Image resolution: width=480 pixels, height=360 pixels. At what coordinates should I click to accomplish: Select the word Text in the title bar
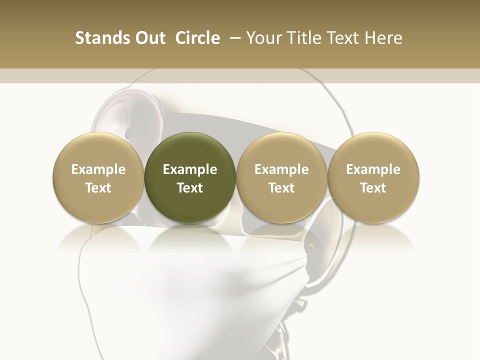tap(343, 38)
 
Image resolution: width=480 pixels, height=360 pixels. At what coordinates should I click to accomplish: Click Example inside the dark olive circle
tap(190, 169)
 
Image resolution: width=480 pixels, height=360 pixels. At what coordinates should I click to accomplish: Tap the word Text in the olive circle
tap(190, 188)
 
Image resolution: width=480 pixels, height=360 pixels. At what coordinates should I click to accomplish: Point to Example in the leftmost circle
tap(98, 169)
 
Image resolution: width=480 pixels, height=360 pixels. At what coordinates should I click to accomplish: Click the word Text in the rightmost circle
tap(373, 188)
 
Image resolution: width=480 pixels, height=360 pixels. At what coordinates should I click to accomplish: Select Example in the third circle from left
tap(281, 169)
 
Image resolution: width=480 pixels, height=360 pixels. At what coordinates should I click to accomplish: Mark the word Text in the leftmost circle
tap(98, 188)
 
